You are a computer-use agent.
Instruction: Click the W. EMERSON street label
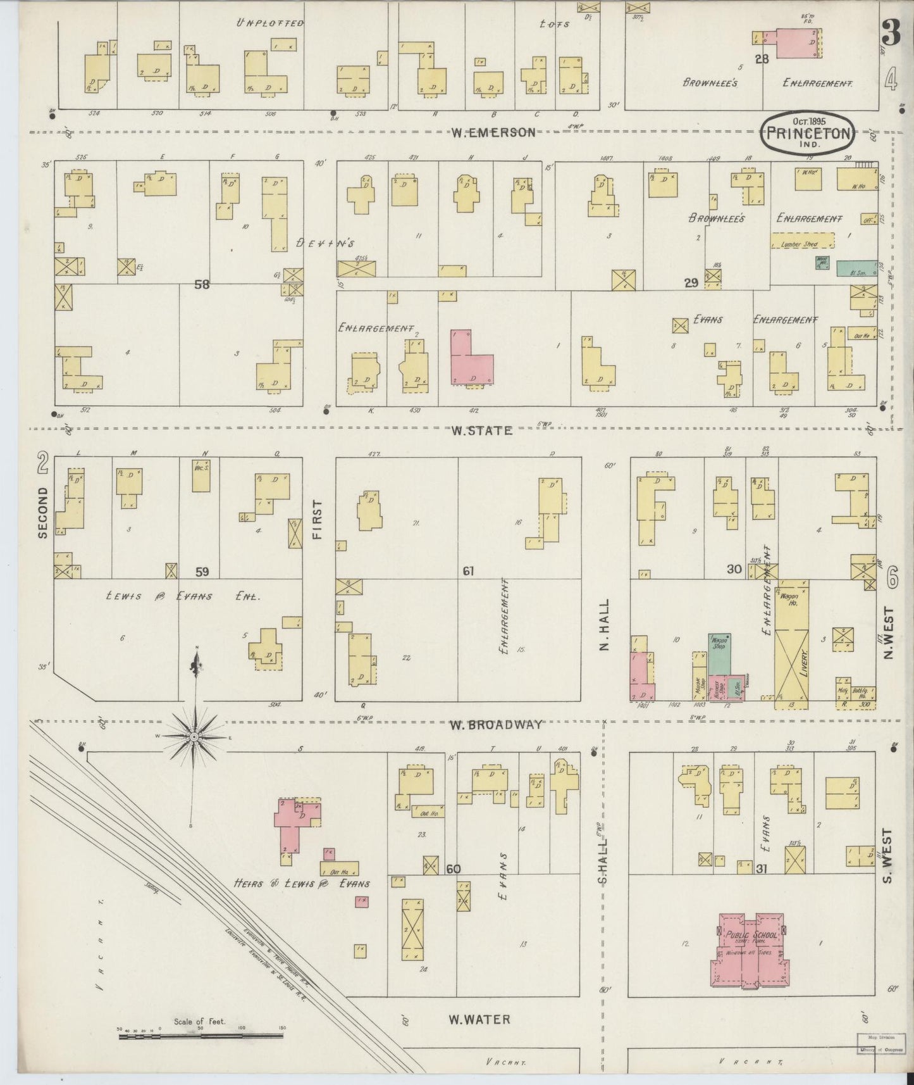tap(493, 132)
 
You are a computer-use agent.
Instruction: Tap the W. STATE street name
tap(481, 430)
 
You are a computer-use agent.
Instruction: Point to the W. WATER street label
tap(479, 1019)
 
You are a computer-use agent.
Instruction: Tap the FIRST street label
tap(317, 519)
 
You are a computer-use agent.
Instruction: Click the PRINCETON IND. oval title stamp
tap(808, 132)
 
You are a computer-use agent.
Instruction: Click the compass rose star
tap(195, 737)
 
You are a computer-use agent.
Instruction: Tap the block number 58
tap(202, 285)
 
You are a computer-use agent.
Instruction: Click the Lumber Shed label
tap(801, 244)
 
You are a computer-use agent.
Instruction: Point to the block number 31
tap(761, 869)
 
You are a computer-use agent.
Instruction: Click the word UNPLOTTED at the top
tap(270, 23)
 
